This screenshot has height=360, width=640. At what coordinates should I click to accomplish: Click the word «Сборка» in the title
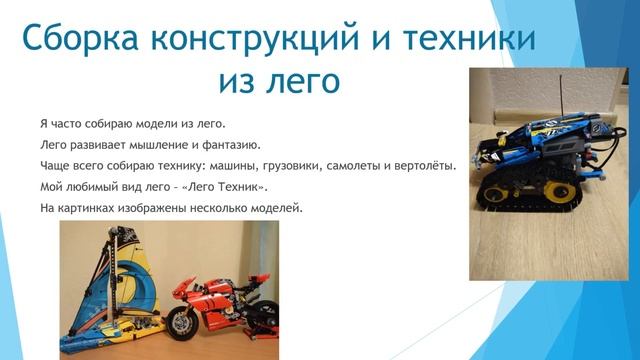coord(80,40)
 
